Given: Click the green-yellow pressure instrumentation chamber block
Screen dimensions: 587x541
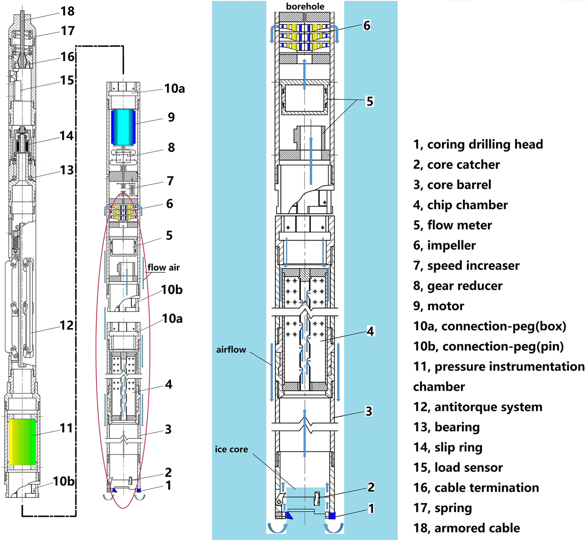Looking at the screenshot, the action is (22, 442).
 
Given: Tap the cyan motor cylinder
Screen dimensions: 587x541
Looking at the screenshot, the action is (123, 127).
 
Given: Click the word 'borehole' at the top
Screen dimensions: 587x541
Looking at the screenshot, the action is (305, 6).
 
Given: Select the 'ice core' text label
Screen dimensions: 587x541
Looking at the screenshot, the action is (231, 450).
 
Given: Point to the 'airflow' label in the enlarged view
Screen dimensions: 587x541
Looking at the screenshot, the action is (231, 349).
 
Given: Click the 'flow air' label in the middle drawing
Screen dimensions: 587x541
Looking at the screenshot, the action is (163, 267).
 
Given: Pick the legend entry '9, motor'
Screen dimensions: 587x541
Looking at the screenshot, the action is (438, 306).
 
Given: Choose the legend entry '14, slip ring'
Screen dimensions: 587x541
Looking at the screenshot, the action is (447, 447).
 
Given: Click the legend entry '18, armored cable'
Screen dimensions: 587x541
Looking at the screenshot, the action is (466, 528).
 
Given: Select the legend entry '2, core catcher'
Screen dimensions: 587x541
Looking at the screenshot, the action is (456, 164).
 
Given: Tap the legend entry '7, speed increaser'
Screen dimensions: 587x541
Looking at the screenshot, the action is (466, 265).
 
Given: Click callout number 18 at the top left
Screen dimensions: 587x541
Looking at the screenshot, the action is (68, 11).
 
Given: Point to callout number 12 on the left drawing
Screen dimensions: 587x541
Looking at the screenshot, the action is (66, 325).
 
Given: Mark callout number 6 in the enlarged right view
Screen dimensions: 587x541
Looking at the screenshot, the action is (366, 26).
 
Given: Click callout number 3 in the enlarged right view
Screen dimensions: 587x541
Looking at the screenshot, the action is (369, 411).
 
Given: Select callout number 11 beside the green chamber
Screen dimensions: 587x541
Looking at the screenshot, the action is (66, 428).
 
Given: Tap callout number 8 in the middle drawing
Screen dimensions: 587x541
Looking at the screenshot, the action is (171, 148).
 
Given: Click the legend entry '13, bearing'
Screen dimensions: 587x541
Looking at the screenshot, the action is (446, 427).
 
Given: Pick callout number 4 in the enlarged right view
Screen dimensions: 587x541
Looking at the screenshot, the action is (370, 331).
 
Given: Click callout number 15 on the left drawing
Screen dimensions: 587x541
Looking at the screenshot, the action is (67, 80).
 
